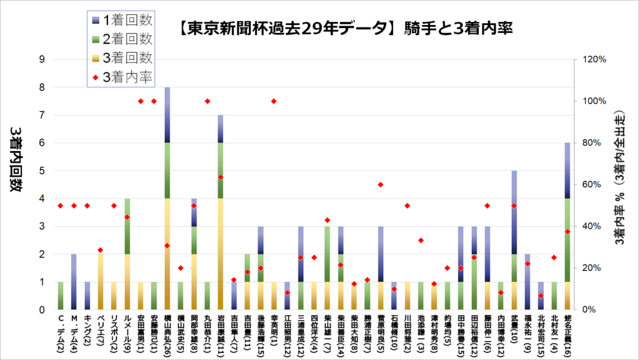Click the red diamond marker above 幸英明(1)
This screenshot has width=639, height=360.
273,101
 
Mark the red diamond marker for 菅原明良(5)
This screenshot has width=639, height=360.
381,185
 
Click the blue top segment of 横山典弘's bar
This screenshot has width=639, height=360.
167,115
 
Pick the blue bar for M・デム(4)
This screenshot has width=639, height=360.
74,282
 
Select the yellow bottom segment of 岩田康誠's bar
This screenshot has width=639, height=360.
220,254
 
